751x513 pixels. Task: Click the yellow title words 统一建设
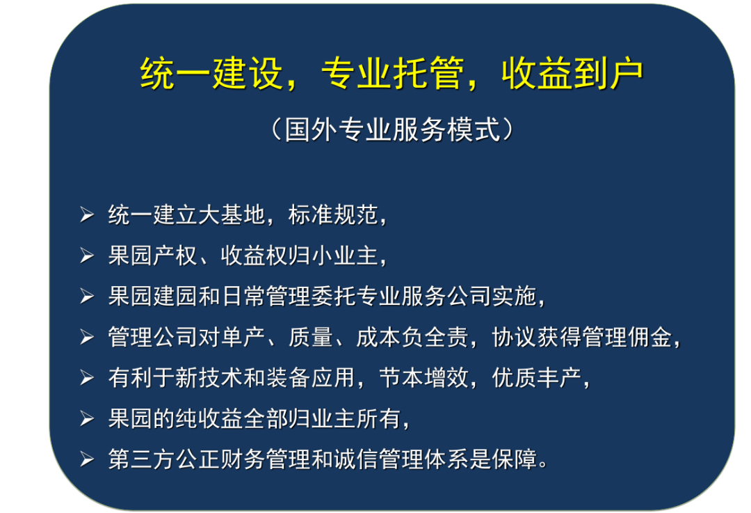pyautogui.click(x=211, y=73)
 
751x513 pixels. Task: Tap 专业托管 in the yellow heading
pyautogui.click(x=392, y=73)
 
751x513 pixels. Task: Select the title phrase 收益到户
pyautogui.click(x=572, y=73)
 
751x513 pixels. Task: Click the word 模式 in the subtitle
pyautogui.click(x=474, y=129)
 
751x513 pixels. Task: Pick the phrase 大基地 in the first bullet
pyautogui.click(x=232, y=214)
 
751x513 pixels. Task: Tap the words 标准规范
pyautogui.click(x=333, y=214)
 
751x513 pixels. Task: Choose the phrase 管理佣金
pyautogui.click(x=627, y=337)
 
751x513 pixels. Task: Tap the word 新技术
pyautogui.click(x=209, y=377)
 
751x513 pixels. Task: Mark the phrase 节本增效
pyautogui.click(x=423, y=377)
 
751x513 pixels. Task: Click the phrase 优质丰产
pyautogui.click(x=536, y=377)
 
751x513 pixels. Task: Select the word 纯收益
pyautogui.click(x=209, y=418)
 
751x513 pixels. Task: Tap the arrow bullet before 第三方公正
pyautogui.click(x=87, y=459)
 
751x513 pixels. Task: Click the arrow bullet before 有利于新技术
pyautogui.click(x=87, y=377)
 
